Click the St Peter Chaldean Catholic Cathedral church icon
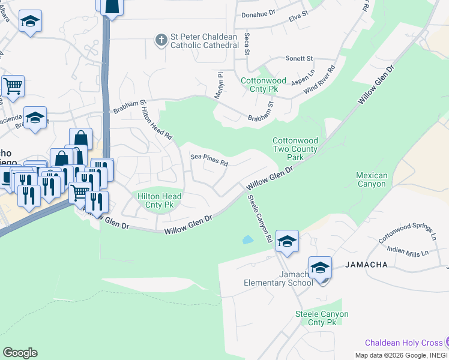pos(161,40)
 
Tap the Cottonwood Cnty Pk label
pos(264,85)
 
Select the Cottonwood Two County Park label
pos(295,148)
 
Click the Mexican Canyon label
pos(372,179)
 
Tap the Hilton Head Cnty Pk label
pos(160,200)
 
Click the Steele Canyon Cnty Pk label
pos(322,318)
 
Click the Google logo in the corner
pos(20,353)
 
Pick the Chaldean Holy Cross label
pos(403,343)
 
